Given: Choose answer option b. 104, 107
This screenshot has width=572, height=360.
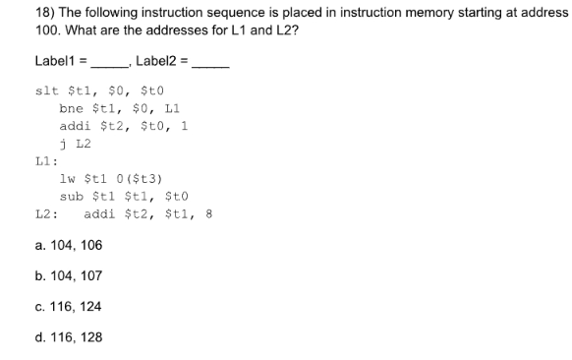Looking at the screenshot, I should (x=67, y=276).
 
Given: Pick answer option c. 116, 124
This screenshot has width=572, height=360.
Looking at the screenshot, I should (x=67, y=307).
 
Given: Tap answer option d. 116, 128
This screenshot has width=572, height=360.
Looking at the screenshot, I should (x=67, y=337).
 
